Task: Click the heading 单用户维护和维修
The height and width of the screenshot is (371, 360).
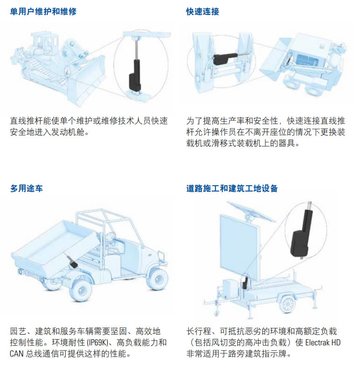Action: pyautogui.click(x=43, y=11)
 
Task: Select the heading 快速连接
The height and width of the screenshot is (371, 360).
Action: pyautogui.click(x=202, y=11)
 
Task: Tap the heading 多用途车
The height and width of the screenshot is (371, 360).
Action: pyautogui.click(x=27, y=189)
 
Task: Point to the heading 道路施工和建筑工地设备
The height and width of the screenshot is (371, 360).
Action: pyautogui.click(x=232, y=189)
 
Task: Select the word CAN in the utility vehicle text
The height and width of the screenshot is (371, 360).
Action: pyautogui.click(x=16, y=354)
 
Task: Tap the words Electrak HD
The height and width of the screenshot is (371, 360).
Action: pyautogui.click(x=323, y=343)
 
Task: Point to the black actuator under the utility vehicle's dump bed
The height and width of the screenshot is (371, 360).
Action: pyautogui.click(x=73, y=262)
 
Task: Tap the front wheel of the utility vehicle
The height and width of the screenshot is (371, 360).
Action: pyautogui.click(x=157, y=279)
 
